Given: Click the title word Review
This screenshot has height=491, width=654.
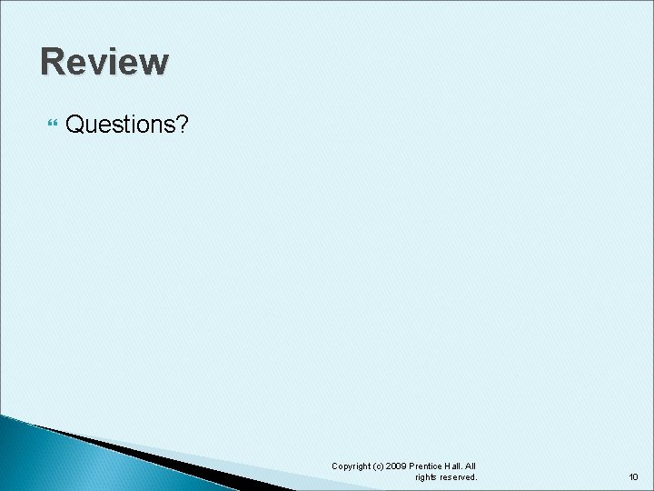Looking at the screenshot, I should [x=104, y=62].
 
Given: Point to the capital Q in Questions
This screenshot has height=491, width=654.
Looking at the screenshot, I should [x=76, y=124].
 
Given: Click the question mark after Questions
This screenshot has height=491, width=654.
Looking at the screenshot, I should [x=182, y=124].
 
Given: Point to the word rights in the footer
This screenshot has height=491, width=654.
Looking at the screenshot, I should [x=427, y=477].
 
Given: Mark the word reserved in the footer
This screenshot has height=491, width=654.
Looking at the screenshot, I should [x=459, y=477].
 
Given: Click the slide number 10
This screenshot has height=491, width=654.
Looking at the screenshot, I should [x=633, y=476].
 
